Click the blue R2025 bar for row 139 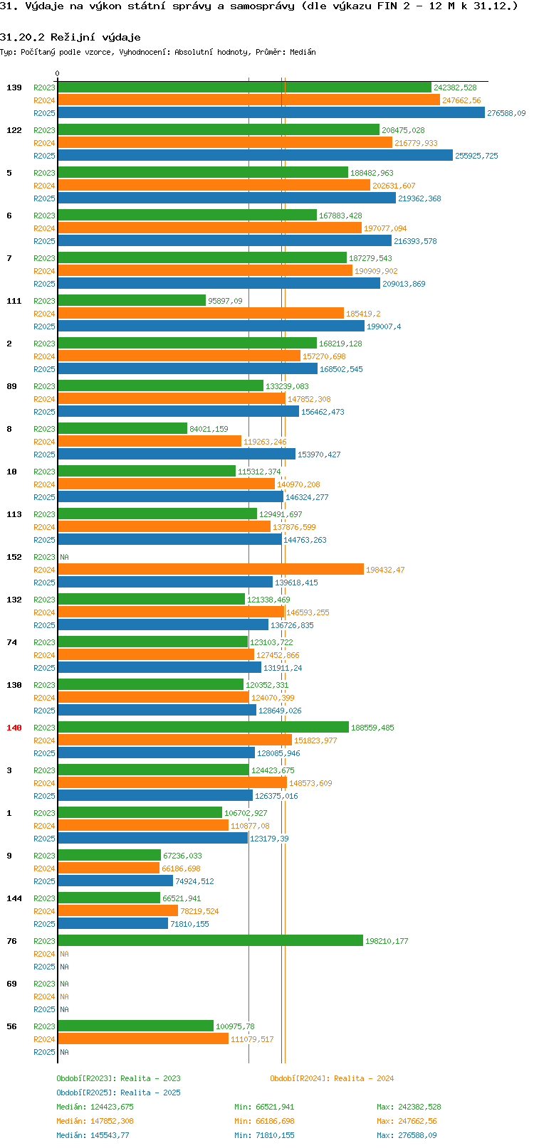pyautogui.click(x=271, y=113)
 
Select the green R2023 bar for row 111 pyautogui.click(x=132, y=301)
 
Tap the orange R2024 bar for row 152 pyautogui.click(x=210, y=570)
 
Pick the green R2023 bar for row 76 pyautogui.click(x=210, y=941)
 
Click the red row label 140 pyautogui.click(x=14, y=728)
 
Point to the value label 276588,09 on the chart pyautogui.click(x=506, y=113)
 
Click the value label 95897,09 pyautogui.click(x=225, y=301)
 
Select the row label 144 pyautogui.click(x=14, y=898)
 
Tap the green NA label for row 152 pyautogui.click(x=64, y=557)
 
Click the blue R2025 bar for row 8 pyautogui.click(x=176, y=455)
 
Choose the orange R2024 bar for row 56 pyautogui.click(x=142, y=1039)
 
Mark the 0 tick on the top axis pyautogui.click(x=58, y=73)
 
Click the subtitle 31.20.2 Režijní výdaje pyautogui.click(x=70, y=37)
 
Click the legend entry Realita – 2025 pyautogui.click(x=119, y=1093)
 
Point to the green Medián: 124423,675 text pyautogui.click(x=95, y=1107)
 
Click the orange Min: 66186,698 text pyautogui.click(x=264, y=1121)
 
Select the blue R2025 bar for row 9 pyautogui.click(x=115, y=881)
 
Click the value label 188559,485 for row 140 pyautogui.click(x=372, y=728)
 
